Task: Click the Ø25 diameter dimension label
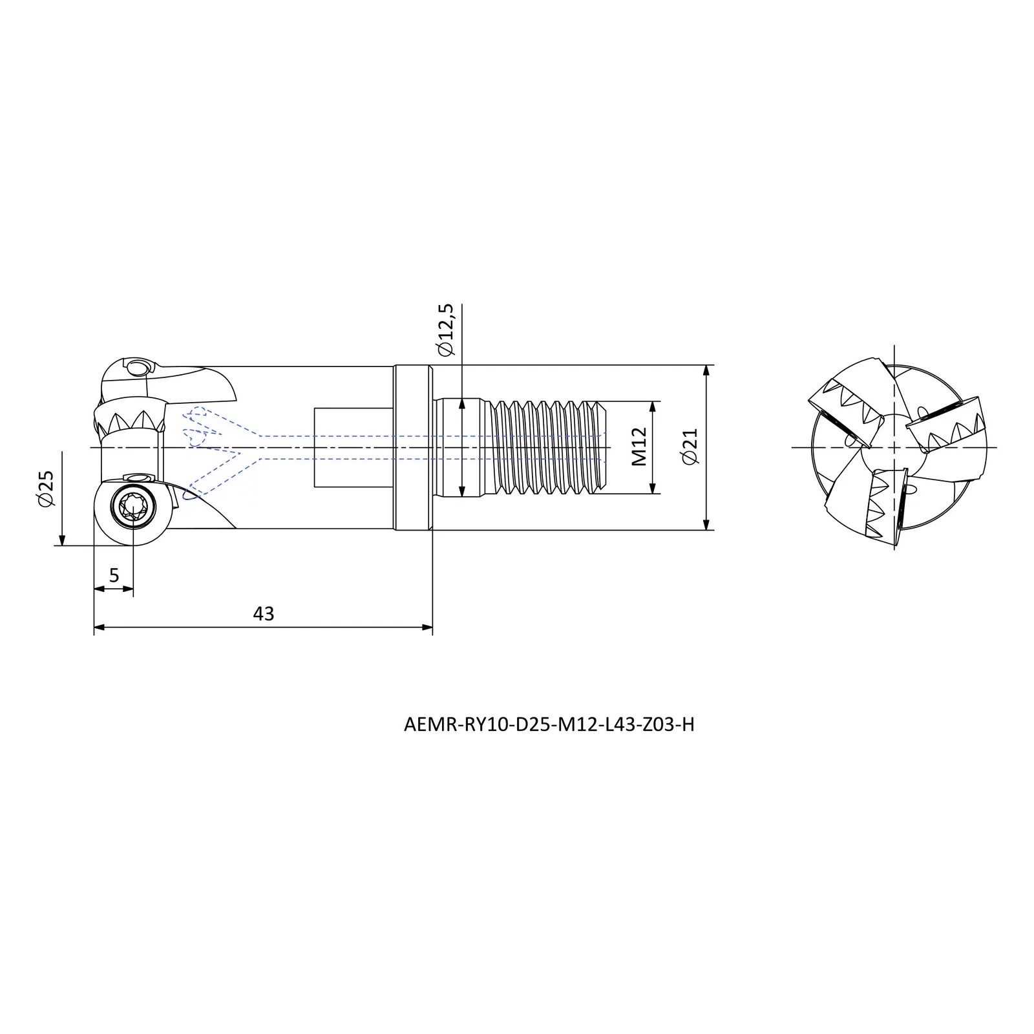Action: point(46,489)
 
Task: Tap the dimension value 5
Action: point(114,575)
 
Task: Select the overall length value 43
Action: point(264,613)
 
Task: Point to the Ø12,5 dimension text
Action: point(446,330)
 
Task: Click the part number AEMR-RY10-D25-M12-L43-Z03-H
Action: point(549,724)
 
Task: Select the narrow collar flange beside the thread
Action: point(412,447)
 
